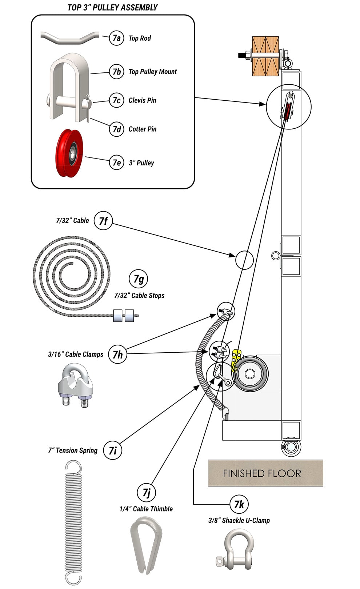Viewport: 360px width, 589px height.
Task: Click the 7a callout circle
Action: [116, 38]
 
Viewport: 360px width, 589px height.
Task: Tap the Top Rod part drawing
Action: [69, 37]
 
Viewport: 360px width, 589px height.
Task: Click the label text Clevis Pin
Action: [142, 100]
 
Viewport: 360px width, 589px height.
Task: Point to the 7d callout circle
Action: [116, 129]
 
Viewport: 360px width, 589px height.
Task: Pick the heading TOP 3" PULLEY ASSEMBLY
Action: [112, 7]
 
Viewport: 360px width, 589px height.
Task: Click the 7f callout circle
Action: [103, 221]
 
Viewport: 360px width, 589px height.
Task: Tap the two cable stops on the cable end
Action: [124, 315]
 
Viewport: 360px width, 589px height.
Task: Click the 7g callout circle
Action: [139, 279]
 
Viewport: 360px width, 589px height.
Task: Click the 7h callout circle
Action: [117, 354]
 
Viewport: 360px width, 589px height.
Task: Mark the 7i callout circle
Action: [113, 450]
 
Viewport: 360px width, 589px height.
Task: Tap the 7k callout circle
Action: [239, 504]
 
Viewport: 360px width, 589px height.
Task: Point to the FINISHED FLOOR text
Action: [262, 473]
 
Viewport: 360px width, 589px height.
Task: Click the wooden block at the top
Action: [265, 56]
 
